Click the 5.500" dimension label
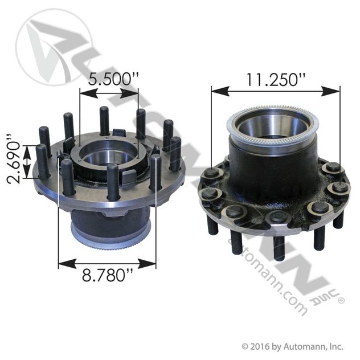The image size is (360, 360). coord(113,79)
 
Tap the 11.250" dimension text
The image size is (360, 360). coord(275,80)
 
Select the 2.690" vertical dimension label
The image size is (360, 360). coord(14,159)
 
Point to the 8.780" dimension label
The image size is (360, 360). coord(107,275)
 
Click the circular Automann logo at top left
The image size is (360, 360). coord(54,47)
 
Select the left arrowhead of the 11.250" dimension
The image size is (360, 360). coord(220,91)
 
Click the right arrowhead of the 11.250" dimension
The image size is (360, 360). coord(330,91)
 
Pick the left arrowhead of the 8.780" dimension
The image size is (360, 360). coord(67,263)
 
